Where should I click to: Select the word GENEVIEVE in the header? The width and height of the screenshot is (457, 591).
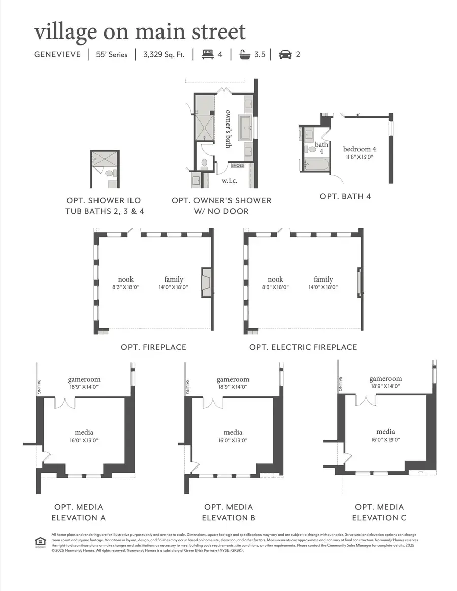57,54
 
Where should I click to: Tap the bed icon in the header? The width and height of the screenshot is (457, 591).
207,54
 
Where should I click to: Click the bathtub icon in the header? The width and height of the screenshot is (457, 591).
245,54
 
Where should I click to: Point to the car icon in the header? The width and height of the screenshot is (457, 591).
285,54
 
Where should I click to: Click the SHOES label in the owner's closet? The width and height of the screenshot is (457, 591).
237,165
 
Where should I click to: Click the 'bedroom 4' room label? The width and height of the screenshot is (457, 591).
360,149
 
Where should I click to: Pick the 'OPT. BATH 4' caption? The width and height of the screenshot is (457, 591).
345,196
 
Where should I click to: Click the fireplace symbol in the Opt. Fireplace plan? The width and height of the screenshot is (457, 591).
206,283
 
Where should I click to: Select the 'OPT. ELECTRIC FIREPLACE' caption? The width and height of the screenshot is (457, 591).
303,347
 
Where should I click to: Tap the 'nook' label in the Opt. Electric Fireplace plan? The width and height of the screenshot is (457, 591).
275,279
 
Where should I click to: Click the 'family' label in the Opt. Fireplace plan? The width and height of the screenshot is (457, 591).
174,279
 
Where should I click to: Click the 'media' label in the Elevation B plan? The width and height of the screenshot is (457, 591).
233,432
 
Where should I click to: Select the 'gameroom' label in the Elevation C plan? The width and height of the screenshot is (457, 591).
385,378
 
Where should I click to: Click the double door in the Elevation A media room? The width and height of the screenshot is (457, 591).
64,402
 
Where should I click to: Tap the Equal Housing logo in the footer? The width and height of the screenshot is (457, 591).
39,541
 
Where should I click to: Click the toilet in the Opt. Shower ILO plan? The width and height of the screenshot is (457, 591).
109,173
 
